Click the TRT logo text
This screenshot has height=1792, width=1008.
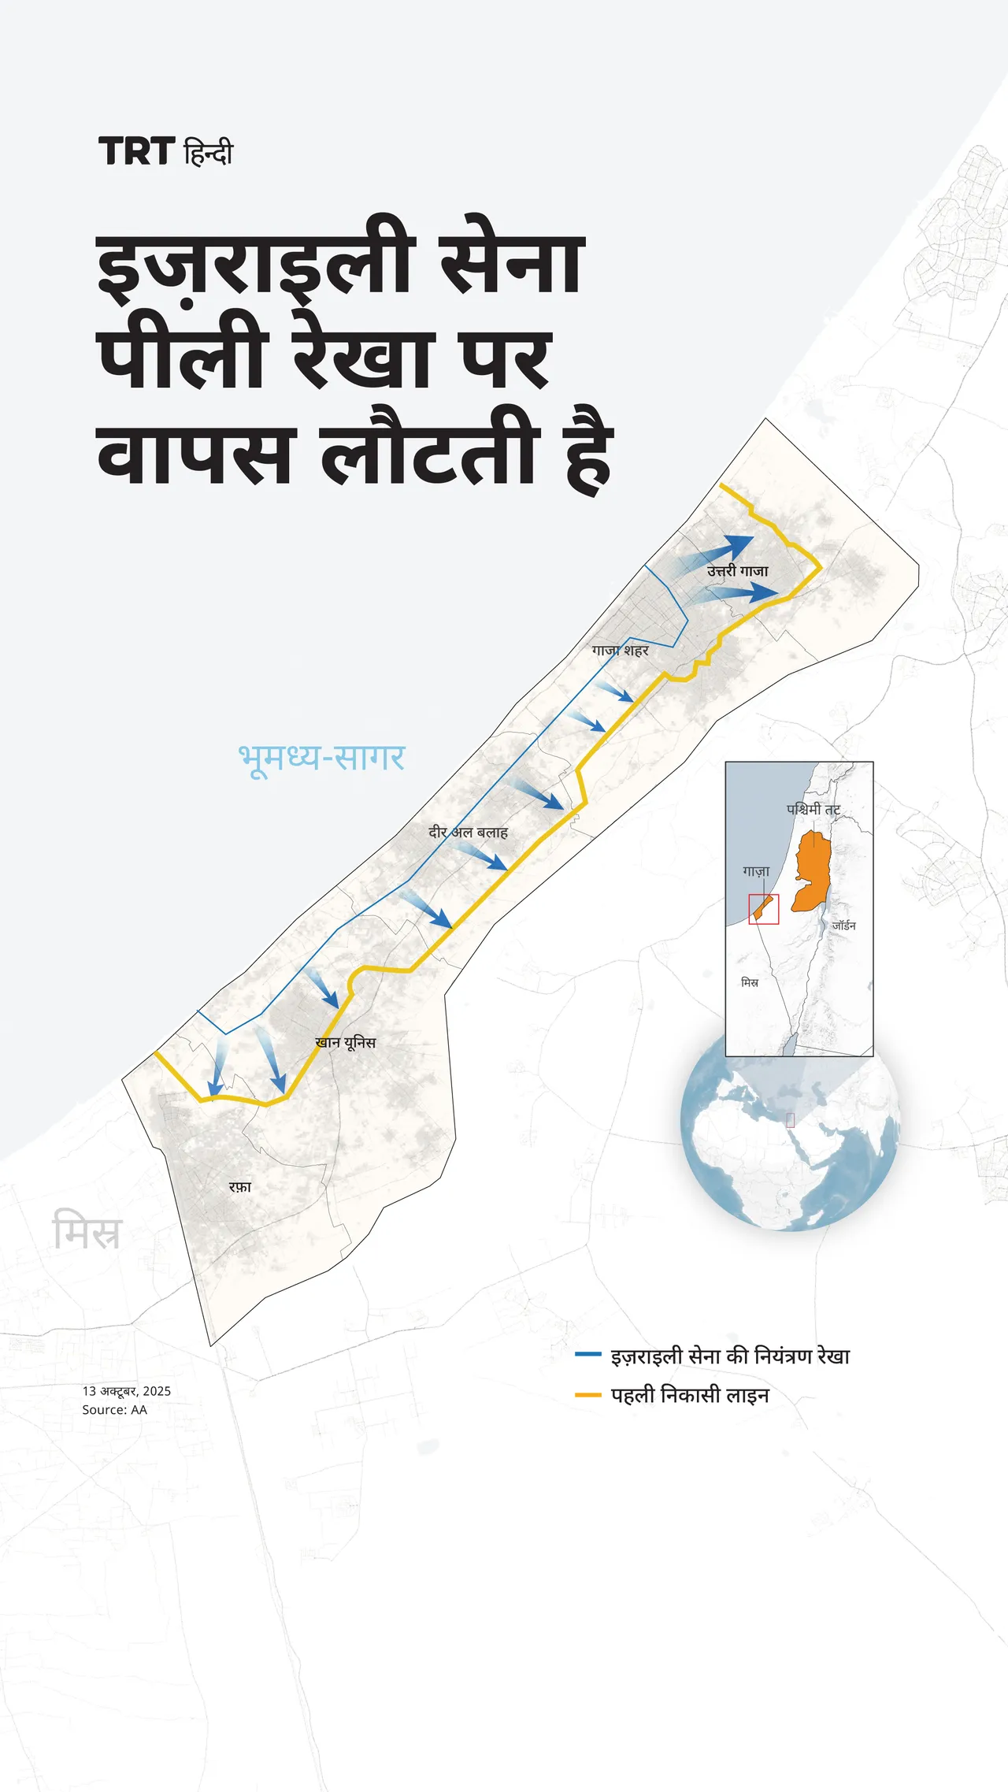tap(136, 151)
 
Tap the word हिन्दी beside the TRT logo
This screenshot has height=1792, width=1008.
tap(209, 151)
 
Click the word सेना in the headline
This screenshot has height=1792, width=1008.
tap(511, 264)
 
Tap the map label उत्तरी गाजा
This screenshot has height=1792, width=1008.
tap(737, 571)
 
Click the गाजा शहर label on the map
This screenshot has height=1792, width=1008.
tap(621, 651)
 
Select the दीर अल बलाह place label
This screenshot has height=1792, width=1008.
tap(468, 832)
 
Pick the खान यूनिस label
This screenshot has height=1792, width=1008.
tap(345, 1042)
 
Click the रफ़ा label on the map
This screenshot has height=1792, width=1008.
tap(240, 1186)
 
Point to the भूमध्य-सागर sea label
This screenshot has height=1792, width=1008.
tap(321, 758)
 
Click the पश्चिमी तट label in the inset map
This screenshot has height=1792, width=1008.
tap(813, 809)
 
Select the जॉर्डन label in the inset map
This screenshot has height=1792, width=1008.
tap(843, 926)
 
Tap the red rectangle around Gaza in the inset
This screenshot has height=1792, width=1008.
tap(763, 909)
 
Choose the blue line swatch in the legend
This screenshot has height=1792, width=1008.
tap(588, 1355)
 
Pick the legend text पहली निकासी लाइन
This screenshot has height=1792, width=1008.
tap(690, 1395)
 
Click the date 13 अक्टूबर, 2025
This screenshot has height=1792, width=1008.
tap(127, 1391)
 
